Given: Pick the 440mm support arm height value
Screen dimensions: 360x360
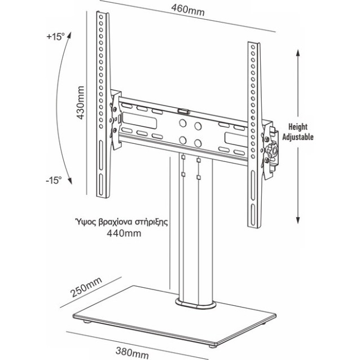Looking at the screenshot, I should tap(124, 234).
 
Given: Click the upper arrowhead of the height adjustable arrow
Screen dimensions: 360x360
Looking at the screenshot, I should tap(298, 52).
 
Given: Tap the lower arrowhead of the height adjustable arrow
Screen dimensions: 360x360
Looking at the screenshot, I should tap(298, 221).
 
